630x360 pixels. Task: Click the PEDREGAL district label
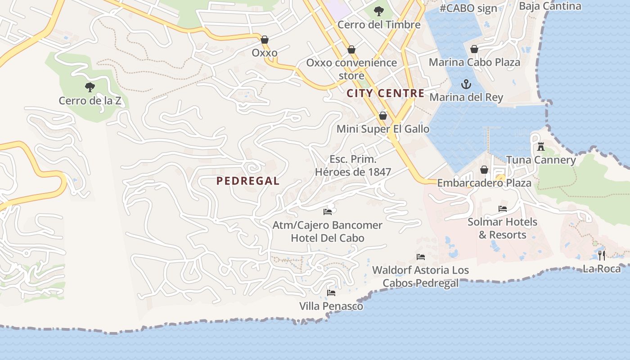(248, 181)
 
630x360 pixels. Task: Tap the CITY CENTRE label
(386, 93)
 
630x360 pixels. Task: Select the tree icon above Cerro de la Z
(90, 87)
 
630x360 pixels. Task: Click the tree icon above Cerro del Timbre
(379, 11)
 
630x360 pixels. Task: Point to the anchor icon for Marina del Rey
(466, 84)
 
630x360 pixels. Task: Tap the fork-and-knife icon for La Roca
(602, 256)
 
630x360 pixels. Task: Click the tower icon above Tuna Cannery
(541, 147)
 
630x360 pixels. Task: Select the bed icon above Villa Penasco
(331, 293)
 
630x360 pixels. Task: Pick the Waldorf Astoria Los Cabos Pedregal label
(420, 276)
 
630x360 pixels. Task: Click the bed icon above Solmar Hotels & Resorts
(503, 209)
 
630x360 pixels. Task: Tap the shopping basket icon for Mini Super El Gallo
(383, 116)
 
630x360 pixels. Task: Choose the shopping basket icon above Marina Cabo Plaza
(474, 49)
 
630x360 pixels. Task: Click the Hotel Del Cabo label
(328, 238)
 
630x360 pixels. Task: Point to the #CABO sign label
(468, 8)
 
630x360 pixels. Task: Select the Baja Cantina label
(550, 6)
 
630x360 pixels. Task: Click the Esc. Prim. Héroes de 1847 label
(353, 165)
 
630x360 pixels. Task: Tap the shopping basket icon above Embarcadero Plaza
(484, 170)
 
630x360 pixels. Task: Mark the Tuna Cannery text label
(541, 160)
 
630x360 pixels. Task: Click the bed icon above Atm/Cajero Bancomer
(328, 211)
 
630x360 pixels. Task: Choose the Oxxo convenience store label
(351, 69)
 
